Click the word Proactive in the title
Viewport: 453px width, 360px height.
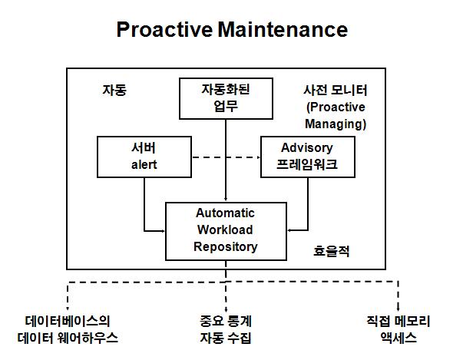pyautogui.click(x=164, y=29)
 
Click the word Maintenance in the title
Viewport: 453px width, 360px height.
pyautogui.click(x=283, y=29)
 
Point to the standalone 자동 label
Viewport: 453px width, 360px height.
pyautogui.click(x=114, y=90)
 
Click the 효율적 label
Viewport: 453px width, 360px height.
pyautogui.click(x=332, y=251)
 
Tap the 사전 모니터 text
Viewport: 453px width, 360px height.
pyautogui.click(x=336, y=90)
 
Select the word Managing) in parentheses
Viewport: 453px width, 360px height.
pyautogui.click(x=336, y=124)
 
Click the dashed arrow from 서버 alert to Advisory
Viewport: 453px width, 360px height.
pyautogui.click(x=226, y=157)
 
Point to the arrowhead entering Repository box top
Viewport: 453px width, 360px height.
pyautogui.click(x=226, y=199)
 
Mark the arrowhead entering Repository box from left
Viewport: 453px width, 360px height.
pyautogui.click(x=162, y=231)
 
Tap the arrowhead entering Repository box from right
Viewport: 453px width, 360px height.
pyautogui.click(x=289, y=230)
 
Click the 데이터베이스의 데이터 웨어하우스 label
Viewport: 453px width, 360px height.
pyautogui.click(x=68, y=329)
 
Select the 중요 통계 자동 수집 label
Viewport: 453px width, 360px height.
pyautogui.click(x=226, y=329)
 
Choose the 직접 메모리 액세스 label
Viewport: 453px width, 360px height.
pyautogui.click(x=398, y=329)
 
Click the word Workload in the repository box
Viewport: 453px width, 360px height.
pyautogui.click(x=225, y=230)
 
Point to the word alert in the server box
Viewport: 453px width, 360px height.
pyautogui.click(x=144, y=165)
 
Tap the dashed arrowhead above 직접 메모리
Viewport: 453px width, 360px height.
pyautogui.click(x=398, y=309)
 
